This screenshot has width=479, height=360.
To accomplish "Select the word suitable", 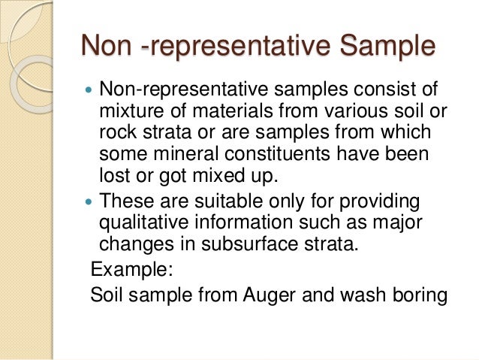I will click(x=218, y=201).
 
